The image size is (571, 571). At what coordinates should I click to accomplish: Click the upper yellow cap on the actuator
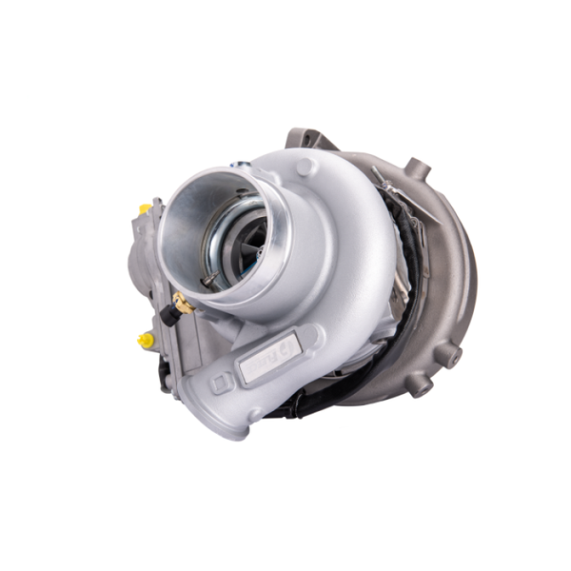[145, 208]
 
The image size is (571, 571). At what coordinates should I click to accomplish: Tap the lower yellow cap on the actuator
[145, 339]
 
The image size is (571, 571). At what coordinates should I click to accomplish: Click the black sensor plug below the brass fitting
[169, 317]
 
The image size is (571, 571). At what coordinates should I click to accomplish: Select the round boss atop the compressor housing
[306, 167]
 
